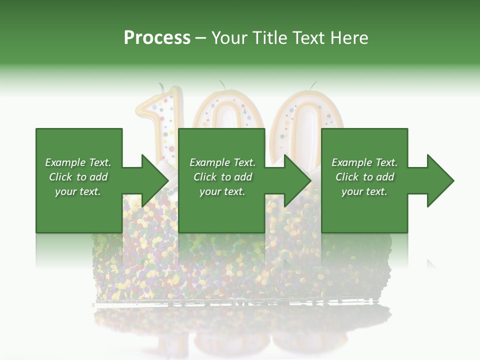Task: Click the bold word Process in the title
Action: coord(157,38)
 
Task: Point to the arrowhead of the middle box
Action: coord(297,180)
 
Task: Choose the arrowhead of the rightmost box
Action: coord(440,180)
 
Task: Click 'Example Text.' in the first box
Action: coord(78,162)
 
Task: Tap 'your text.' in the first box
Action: coord(78,191)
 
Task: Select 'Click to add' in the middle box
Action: coord(222,177)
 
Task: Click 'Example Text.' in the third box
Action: coord(364,162)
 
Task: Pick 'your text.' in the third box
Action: coord(364,191)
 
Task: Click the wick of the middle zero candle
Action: coord(221,83)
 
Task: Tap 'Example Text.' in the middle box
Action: coord(222,162)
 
